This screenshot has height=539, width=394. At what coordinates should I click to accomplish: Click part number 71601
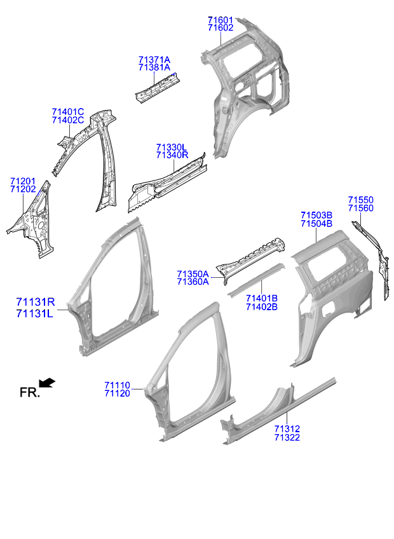221,20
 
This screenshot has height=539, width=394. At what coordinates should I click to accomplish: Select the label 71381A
154,68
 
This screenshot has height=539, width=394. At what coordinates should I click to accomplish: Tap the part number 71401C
68,112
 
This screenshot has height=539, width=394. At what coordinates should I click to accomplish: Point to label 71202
23,189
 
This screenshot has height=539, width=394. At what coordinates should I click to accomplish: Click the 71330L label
172,147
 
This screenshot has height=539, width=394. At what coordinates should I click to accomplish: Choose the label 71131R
36,302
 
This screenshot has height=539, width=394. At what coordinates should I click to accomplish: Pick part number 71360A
193,282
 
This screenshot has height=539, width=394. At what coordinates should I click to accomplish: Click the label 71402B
262,307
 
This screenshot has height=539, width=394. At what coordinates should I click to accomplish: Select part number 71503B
316,215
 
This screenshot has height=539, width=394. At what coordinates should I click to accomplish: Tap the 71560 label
361,208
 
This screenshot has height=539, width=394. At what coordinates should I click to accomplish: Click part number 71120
117,393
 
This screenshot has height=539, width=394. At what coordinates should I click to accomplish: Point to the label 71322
287,437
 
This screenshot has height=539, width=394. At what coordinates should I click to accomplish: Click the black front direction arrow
47,383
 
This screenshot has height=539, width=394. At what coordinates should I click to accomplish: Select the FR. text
30,392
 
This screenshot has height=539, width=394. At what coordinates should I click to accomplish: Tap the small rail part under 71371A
158,87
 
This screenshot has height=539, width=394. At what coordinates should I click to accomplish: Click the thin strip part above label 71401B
256,280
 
